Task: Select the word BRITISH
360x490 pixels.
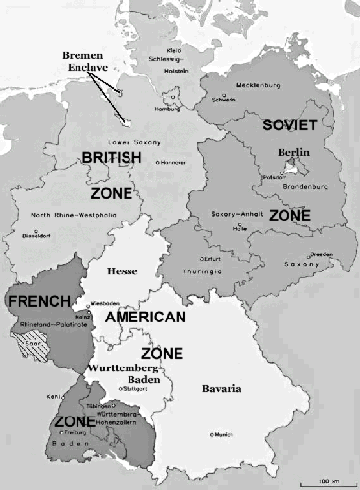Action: pos(110,157)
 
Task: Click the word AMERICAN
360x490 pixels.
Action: pos(144,319)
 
